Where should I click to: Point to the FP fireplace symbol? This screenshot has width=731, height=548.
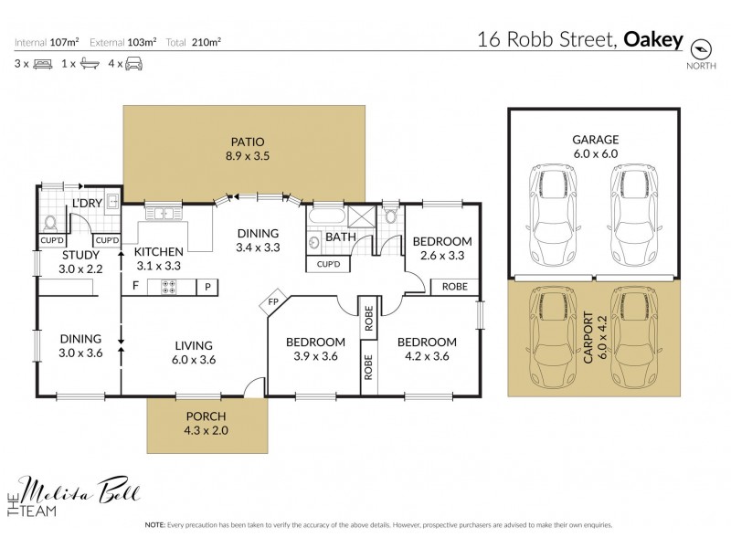point(273,302)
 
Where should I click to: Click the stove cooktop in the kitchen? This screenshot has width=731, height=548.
point(169,287)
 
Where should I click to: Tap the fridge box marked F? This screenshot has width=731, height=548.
point(135,287)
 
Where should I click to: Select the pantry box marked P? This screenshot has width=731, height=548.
point(207,287)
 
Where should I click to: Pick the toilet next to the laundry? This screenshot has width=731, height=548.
point(50,220)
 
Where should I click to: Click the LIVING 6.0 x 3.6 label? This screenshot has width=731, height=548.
point(193,352)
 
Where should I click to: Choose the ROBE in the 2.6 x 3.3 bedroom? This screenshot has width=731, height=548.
point(453,285)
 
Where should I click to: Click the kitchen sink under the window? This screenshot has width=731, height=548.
point(164,213)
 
